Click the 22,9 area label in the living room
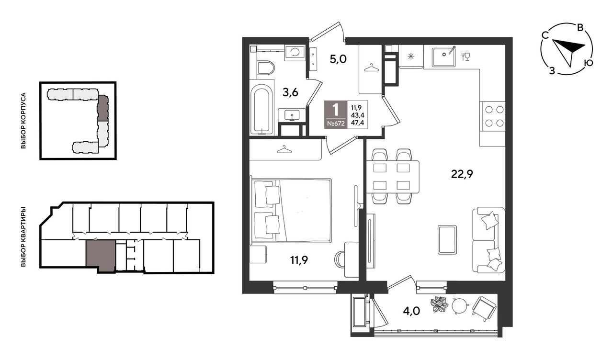pos(462,174)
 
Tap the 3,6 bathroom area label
pos(290,93)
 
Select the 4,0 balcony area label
pos(411,311)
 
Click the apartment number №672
pos(336,123)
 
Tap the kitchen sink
pos(444,57)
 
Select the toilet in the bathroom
pos(265,67)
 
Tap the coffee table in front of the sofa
pos(447,240)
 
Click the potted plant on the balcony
pos(439,304)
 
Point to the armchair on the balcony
pos(484,309)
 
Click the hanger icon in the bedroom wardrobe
pos(284,149)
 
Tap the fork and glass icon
pos(465,56)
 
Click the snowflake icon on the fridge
pos(410,56)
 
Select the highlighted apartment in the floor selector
pos(101,255)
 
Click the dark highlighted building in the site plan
pos(103,108)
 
